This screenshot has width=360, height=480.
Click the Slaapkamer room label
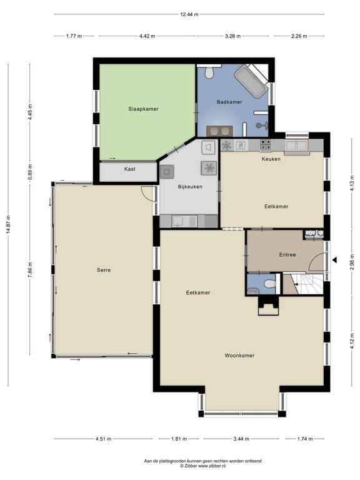[143, 109]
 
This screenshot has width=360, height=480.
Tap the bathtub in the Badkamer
[252, 81]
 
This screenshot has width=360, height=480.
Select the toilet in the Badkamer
[209, 72]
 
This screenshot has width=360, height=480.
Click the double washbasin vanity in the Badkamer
[219, 131]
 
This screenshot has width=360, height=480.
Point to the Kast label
[130, 169]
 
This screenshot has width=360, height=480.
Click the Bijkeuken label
[190, 186]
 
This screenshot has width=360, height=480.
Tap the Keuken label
[271, 159]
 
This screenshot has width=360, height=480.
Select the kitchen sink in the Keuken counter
[296, 146]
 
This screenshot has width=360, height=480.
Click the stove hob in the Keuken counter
[265, 145]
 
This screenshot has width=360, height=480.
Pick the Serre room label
[104, 270]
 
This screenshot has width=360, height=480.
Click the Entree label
[287, 255]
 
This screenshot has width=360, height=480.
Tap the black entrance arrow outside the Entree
[334, 260]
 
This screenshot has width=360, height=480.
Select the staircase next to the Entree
[306, 284]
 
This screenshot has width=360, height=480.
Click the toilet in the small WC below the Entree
[269, 284]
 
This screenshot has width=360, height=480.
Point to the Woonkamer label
[240, 356]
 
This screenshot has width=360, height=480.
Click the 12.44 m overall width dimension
[189, 14]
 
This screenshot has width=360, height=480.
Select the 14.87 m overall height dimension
[8, 225]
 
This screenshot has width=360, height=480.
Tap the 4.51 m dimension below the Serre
[104, 439]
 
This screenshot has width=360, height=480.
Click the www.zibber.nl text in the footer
[212, 466]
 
